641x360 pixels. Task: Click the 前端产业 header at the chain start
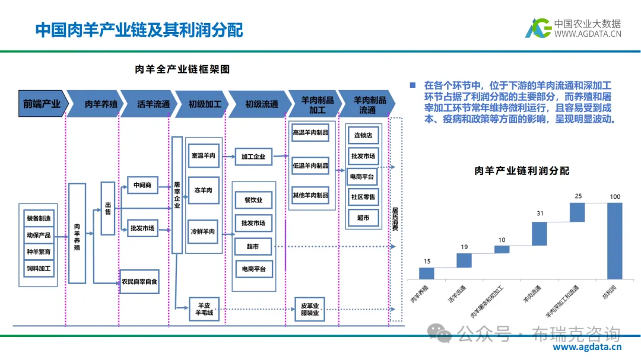tap(42, 104)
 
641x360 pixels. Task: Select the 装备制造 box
tap(38, 218)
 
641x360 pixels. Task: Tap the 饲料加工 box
tap(38, 268)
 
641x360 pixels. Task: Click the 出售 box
tap(107, 208)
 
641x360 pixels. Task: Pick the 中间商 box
tap(142, 186)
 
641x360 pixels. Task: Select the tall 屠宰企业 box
tap(177, 195)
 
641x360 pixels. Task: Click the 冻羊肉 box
tap(203, 191)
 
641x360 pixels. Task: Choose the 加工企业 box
tap(253, 157)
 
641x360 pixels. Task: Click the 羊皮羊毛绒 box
tap(204, 308)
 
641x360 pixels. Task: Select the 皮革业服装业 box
tap(310, 309)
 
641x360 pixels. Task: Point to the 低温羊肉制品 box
tap(310, 165)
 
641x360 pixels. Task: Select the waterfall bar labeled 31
tap(539, 234)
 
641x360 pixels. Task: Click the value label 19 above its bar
tap(464, 247)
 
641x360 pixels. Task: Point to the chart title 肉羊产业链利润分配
tap(522, 171)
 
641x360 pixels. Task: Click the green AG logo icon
tap(538, 28)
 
